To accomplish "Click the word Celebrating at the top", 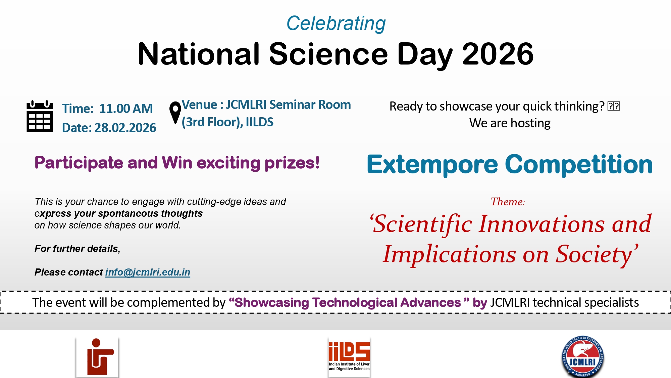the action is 336,24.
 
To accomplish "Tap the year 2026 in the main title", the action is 498,54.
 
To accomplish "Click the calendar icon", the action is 40,116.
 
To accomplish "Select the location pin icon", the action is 175,113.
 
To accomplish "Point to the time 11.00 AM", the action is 126,109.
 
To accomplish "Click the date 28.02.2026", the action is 125,128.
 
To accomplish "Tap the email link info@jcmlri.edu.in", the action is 148,272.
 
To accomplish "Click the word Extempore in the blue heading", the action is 432,165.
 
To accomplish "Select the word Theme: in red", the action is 508,202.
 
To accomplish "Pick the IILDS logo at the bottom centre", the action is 349,357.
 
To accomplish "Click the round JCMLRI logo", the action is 583,357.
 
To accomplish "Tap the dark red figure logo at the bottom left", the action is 97,357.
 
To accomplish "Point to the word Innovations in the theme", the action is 542,224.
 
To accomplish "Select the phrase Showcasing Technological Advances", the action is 348,302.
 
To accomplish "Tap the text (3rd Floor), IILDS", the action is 227,122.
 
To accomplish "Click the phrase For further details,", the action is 78,249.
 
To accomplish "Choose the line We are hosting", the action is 510,123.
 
